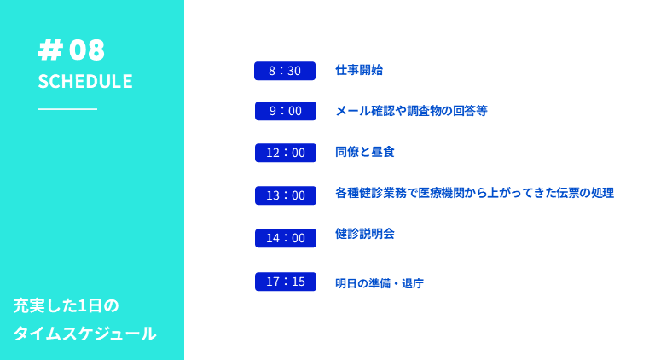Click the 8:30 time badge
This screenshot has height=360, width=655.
tap(285, 71)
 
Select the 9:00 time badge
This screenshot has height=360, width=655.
tap(286, 111)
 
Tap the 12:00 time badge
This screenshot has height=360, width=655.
tap(286, 153)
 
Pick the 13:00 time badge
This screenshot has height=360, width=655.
tap(286, 195)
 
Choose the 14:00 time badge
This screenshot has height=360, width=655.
tap(286, 238)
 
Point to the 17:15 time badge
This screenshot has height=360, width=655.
tap(286, 282)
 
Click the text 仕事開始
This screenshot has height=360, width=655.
tap(359, 70)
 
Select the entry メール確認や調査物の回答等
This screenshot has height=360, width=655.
tap(411, 111)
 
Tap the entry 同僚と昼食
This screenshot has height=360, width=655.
tap(365, 152)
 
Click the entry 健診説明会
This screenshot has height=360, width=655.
tap(365, 234)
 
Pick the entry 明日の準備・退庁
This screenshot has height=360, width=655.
tap(380, 283)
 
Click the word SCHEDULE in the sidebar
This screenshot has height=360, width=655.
tap(85, 81)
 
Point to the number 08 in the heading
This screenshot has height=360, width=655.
tap(87, 50)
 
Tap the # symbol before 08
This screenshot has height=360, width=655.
tap(50, 50)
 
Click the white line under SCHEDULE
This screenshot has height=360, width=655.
tap(67, 109)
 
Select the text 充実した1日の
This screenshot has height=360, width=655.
tap(66, 305)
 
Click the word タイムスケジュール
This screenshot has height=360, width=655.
tap(84, 334)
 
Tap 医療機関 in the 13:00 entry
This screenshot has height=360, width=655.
tap(442, 193)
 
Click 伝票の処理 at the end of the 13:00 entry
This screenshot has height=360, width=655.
tap(585, 193)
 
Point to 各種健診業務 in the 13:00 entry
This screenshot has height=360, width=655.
tap(371, 193)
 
